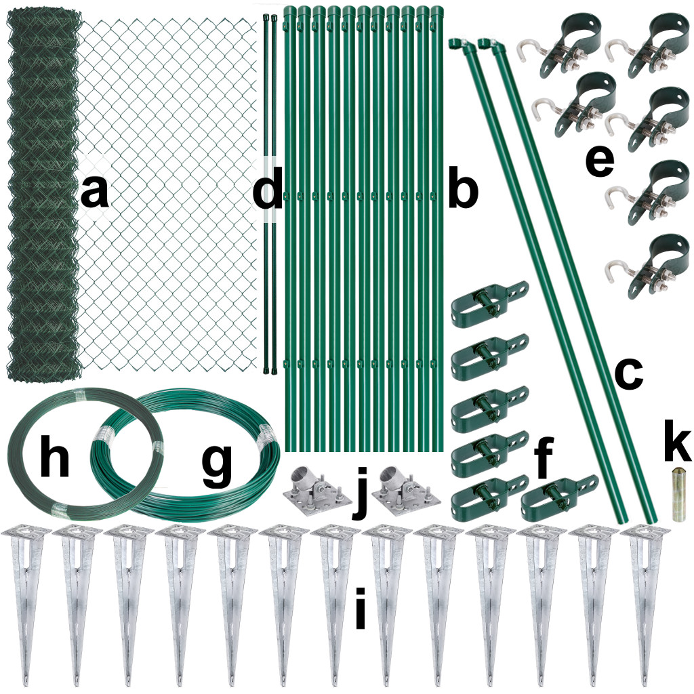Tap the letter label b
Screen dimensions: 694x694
463,187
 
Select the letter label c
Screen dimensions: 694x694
628,374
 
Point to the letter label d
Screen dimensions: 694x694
267,187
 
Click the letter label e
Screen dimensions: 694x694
600,161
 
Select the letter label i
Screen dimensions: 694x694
361,608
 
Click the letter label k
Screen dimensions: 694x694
678,443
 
